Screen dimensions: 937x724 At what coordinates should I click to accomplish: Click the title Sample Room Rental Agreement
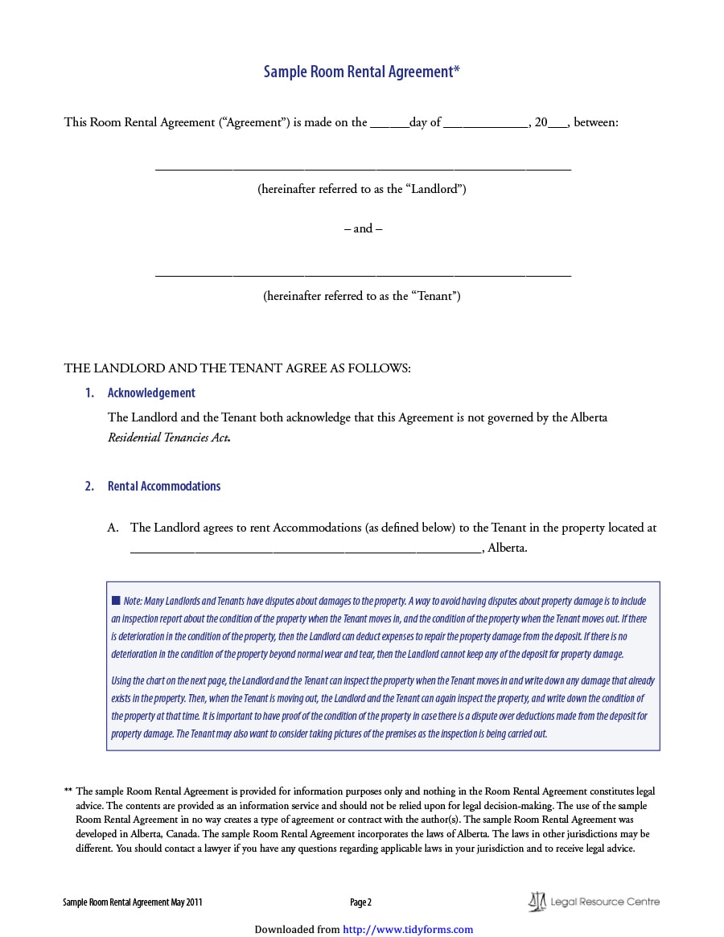[362, 72]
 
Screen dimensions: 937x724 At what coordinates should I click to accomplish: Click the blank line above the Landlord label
[363, 169]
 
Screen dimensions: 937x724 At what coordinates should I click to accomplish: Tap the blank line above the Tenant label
[363, 275]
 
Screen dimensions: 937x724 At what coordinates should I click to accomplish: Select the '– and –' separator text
[363, 228]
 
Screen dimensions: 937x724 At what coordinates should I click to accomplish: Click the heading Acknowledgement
[151, 393]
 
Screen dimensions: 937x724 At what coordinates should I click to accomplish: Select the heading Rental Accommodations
[164, 487]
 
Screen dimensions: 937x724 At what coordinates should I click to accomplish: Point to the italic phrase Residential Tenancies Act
[169, 438]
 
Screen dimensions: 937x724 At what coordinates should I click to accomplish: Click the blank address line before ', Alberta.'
[306, 550]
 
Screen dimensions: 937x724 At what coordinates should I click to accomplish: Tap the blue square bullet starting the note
[116, 601]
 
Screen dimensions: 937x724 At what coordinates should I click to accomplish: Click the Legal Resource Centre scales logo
[537, 902]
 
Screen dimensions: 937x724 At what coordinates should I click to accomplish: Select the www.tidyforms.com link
[408, 930]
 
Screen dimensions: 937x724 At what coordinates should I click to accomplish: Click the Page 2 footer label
[360, 902]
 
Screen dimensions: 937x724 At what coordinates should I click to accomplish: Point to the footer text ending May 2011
[133, 902]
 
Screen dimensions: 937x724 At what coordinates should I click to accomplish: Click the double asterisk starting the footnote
[68, 791]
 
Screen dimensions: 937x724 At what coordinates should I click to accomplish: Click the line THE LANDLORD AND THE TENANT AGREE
[237, 368]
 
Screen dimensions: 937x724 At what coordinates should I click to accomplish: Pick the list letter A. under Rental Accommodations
[113, 528]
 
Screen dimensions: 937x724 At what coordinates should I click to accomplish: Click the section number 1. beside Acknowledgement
[90, 393]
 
